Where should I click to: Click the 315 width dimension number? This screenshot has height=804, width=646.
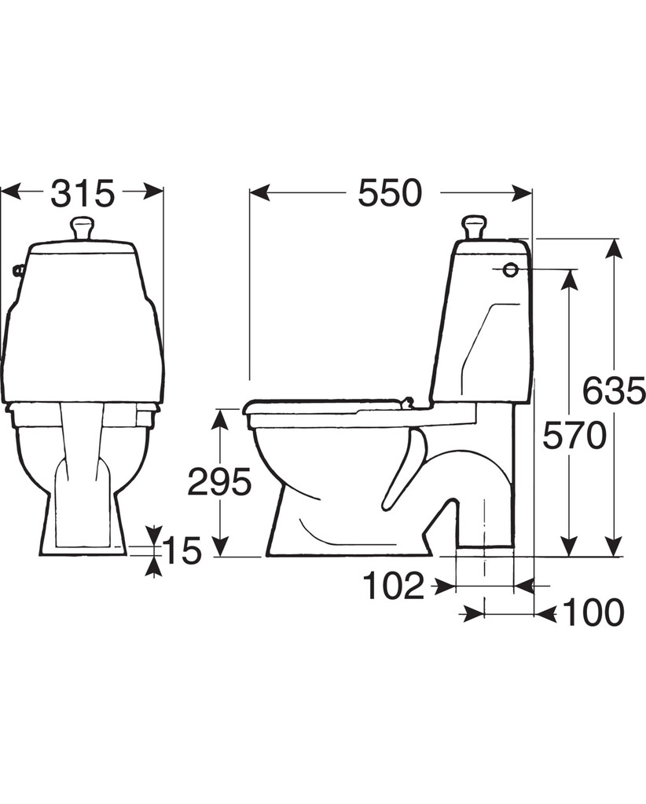point(82,194)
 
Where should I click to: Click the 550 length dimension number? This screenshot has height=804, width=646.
point(390,193)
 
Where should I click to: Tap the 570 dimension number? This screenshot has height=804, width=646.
point(574,437)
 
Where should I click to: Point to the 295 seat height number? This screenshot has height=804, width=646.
point(219,482)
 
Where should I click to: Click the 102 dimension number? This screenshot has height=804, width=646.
point(394,586)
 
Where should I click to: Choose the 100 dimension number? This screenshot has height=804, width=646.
point(593,612)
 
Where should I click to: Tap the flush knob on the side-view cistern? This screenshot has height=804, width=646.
point(474,227)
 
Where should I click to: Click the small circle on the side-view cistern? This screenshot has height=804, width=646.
point(510,270)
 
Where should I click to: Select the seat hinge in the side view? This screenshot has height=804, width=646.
point(407,403)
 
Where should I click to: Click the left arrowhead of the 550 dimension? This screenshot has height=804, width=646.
point(259,193)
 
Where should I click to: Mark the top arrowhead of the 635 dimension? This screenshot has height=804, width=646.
point(613,250)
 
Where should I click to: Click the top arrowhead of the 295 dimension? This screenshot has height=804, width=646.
point(219,420)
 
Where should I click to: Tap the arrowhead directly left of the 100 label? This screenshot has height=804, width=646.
point(545,612)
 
